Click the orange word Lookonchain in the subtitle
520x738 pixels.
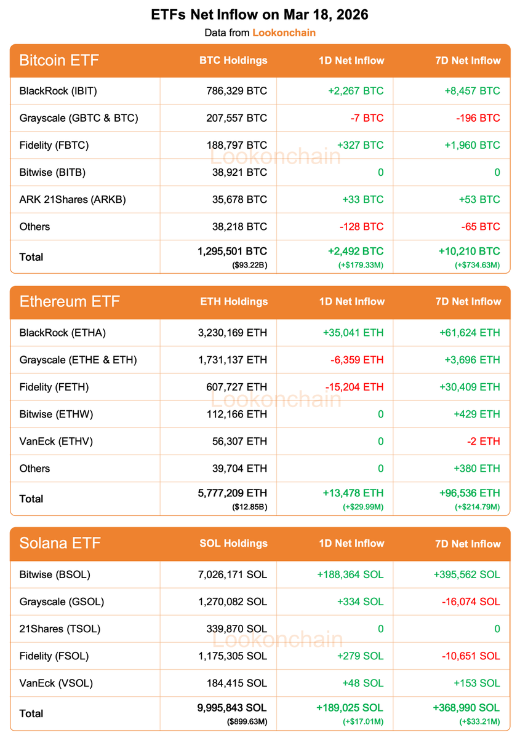coord(284,33)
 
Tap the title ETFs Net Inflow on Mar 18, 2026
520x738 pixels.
coord(260,15)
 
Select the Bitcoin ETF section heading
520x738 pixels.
coord(59,60)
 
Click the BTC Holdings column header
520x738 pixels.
coord(233,60)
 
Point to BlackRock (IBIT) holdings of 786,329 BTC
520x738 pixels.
coord(237,91)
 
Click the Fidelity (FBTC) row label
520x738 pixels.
coord(54,145)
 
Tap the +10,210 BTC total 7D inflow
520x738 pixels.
coord(468,252)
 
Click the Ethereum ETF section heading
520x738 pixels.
coord(70,302)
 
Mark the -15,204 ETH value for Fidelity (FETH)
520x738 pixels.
coord(354,387)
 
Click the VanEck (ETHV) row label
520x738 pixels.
coord(56,441)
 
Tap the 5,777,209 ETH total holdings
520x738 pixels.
coord(233,493)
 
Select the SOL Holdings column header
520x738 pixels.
coord(233,544)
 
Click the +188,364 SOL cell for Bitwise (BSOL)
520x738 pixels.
coord(350,574)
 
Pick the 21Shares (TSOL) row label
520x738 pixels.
coord(60,629)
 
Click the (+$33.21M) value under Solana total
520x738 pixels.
coord(479,721)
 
